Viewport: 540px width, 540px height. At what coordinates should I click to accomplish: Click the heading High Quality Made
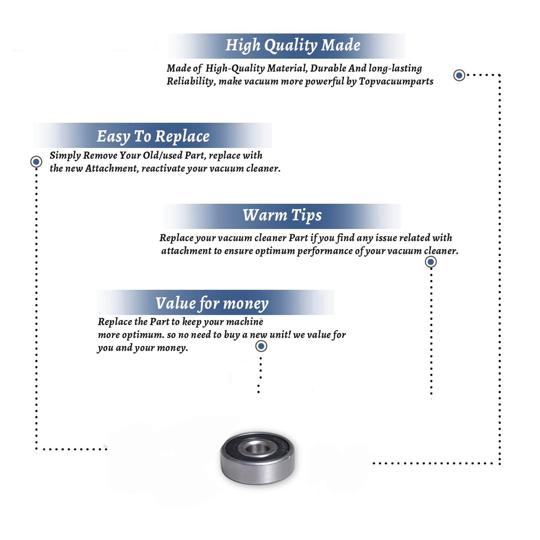293,46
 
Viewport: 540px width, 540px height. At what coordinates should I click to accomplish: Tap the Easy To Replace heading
153,137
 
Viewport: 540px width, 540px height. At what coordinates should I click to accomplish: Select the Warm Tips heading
282,216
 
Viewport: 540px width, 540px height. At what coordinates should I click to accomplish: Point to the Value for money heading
212,303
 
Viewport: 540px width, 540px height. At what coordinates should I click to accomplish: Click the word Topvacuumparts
396,82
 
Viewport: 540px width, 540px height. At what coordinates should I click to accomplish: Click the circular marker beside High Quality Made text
459,75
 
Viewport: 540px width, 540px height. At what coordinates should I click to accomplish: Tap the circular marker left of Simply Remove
36,162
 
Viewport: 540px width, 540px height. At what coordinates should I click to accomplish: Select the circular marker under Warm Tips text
431,262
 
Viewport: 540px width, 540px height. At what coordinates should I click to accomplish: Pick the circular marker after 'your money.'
261,346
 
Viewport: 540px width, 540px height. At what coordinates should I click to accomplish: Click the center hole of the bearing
257,449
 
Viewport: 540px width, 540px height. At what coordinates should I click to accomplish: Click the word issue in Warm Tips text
386,238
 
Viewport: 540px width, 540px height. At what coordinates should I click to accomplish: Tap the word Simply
65,156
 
